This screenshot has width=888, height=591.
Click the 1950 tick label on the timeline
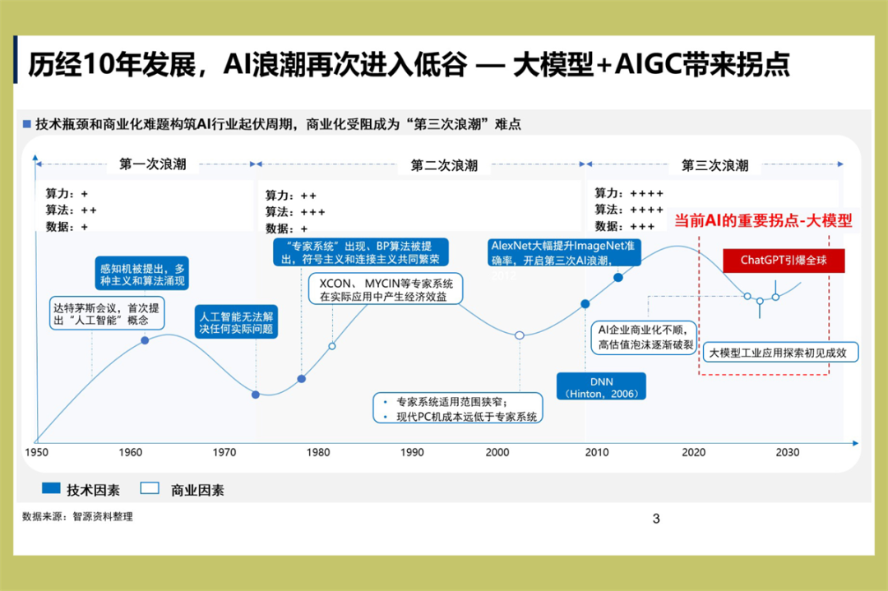coord(37,452)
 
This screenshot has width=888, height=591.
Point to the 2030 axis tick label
coord(788,452)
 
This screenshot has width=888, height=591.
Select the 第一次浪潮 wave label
coord(153,164)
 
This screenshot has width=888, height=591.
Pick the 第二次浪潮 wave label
coord(444,164)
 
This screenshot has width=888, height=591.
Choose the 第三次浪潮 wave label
coord(715,164)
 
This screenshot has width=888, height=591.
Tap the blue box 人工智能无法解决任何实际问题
coord(234,322)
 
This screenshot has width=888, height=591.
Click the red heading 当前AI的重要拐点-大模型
coord(763,221)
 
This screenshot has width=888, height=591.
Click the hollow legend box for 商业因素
coord(150,489)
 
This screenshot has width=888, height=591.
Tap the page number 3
coord(655,518)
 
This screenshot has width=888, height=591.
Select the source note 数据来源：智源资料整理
coord(77,517)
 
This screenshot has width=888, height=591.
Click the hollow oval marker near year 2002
coord(520,335)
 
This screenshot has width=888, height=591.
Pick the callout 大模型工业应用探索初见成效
coord(783,353)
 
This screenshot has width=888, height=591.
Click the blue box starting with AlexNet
coord(563,252)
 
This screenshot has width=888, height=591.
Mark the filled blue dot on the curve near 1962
coord(146,339)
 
